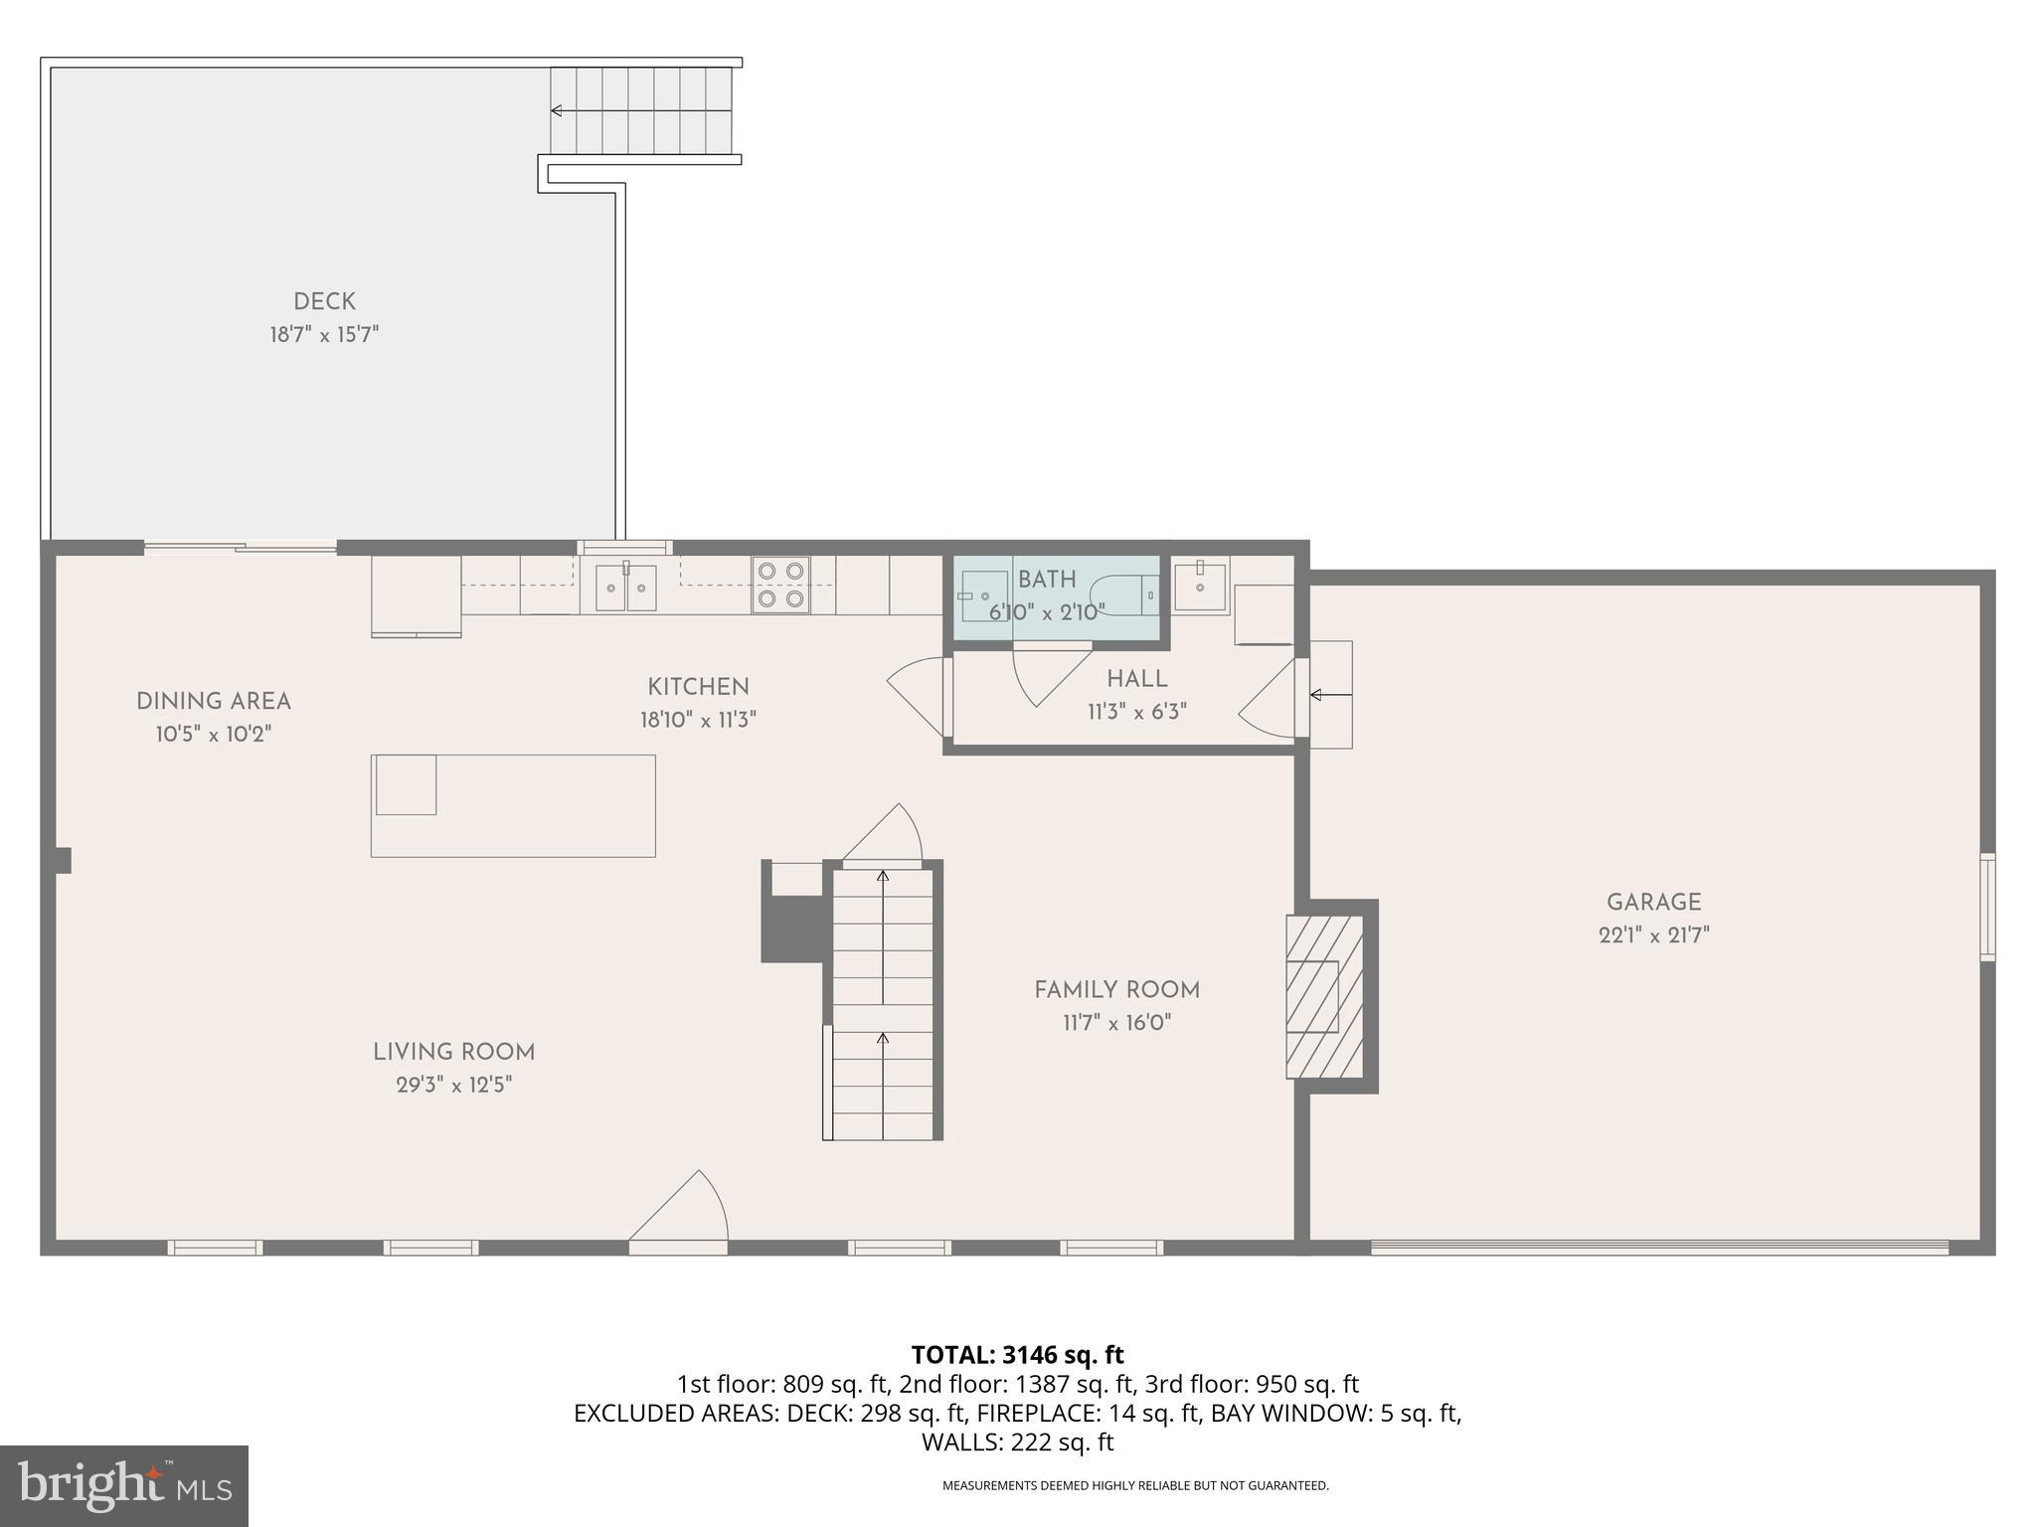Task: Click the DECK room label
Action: point(324,301)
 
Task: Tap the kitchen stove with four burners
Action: point(780,585)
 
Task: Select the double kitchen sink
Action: point(626,588)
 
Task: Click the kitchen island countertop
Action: point(513,805)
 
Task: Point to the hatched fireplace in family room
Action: point(1324,996)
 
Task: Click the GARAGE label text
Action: point(1653,902)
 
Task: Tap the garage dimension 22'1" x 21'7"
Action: point(1653,934)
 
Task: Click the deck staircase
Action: point(642,110)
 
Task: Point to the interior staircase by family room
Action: point(883,1004)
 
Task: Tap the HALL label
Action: point(1136,679)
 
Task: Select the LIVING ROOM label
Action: point(453,1052)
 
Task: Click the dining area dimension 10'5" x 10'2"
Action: point(214,735)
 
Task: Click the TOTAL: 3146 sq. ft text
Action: point(1017,1355)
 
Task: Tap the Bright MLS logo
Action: point(124,1485)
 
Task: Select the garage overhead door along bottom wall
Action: point(1658,1247)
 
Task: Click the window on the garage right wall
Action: point(1986,907)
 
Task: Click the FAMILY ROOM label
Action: point(1116,989)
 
